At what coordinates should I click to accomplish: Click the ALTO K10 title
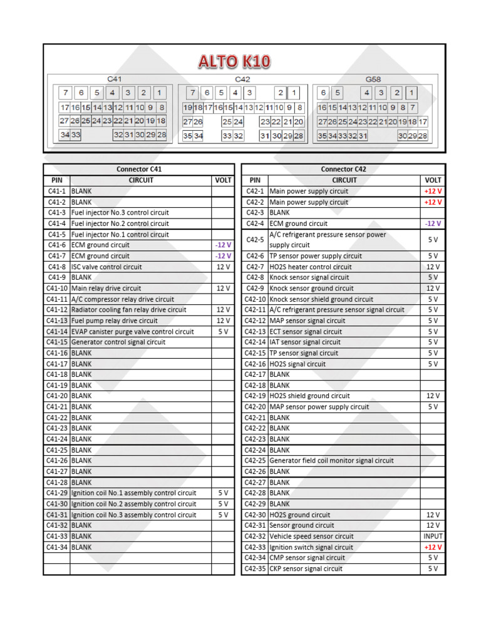click(x=234, y=61)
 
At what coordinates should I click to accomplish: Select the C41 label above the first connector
click(x=114, y=79)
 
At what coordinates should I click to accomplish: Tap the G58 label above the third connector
click(x=373, y=79)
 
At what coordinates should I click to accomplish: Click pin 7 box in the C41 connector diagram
click(x=66, y=93)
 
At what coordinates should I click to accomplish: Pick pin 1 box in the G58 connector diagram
click(x=410, y=93)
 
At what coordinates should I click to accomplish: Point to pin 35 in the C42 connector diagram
click(x=187, y=136)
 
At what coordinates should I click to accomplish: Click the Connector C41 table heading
click(x=139, y=169)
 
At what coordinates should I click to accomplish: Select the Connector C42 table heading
click(x=343, y=169)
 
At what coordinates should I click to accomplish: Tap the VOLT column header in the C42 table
click(x=433, y=180)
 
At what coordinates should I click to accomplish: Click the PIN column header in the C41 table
click(x=56, y=180)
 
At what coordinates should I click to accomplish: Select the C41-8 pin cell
click(x=56, y=267)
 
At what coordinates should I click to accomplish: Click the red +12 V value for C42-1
click(x=433, y=191)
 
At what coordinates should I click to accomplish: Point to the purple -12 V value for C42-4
click(x=433, y=223)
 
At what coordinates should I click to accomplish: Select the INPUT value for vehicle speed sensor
click(x=433, y=536)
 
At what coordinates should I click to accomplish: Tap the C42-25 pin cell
click(x=255, y=461)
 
